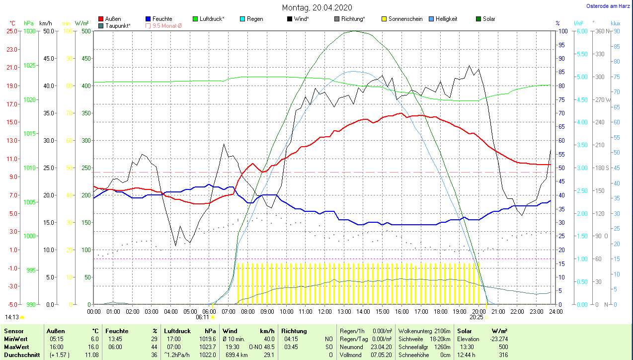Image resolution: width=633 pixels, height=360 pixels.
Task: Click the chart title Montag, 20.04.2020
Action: [317, 7]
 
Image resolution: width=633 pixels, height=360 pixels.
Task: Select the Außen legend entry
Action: [113, 19]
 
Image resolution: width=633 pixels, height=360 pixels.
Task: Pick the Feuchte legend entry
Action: [162, 19]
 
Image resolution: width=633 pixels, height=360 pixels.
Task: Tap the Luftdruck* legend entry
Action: [212, 19]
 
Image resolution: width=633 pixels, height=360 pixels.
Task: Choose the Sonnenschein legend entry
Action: [405, 19]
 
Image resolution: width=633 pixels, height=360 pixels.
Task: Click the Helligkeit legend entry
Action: [446, 19]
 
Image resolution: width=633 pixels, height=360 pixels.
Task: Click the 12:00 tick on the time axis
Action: [324, 312]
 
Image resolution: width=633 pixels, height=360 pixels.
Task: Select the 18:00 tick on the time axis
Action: [440, 312]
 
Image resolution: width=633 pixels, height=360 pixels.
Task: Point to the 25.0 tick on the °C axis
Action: [12, 31]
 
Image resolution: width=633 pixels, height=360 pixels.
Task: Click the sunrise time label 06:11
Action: [202, 317]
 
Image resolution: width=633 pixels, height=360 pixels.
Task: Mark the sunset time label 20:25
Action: [476, 317]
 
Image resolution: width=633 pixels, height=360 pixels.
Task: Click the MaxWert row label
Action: [16, 347]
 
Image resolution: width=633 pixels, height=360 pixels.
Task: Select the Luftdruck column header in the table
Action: [177, 331]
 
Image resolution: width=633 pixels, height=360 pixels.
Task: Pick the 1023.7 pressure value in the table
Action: [208, 347]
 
